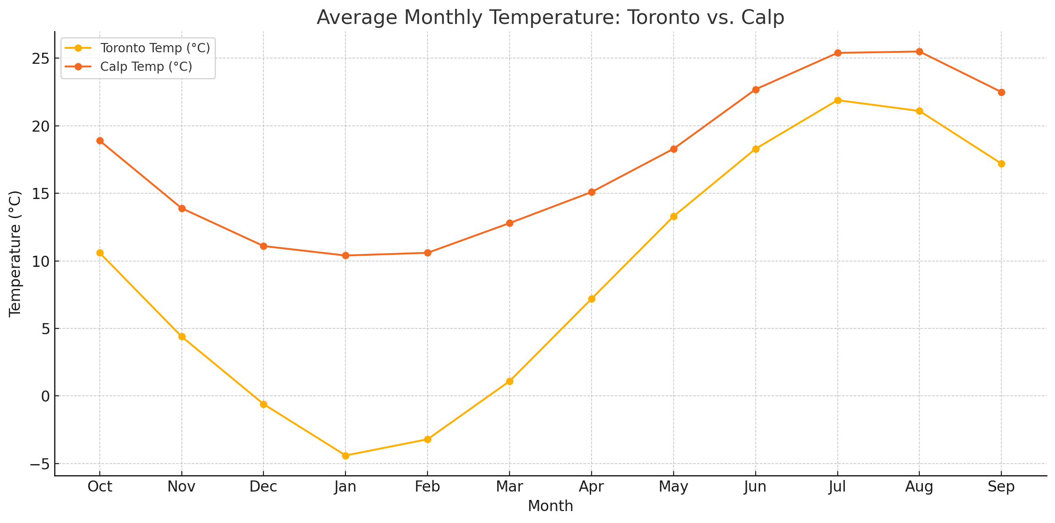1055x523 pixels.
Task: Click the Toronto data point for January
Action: click(345, 456)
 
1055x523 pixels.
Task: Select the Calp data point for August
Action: click(919, 51)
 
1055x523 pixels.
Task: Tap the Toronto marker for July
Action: click(838, 100)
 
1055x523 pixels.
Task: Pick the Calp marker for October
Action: click(100, 141)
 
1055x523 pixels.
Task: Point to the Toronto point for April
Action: click(592, 299)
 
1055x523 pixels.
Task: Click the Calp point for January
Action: click(345, 255)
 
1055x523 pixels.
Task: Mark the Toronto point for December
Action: click(263, 404)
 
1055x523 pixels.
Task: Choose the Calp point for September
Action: click(1001, 92)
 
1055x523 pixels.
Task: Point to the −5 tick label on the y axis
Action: click(40, 464)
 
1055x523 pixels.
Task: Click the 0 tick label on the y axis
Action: click(45, 396)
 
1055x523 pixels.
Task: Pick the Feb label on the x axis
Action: click(427, 487)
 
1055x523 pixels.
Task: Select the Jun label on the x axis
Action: click(755, 487)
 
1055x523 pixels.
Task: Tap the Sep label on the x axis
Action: click(1001, 487)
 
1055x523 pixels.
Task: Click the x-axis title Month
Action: click(550, 506)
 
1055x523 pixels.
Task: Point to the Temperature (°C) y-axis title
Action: click(15, 254)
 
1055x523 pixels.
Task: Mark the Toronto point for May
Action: click(674, 216)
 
